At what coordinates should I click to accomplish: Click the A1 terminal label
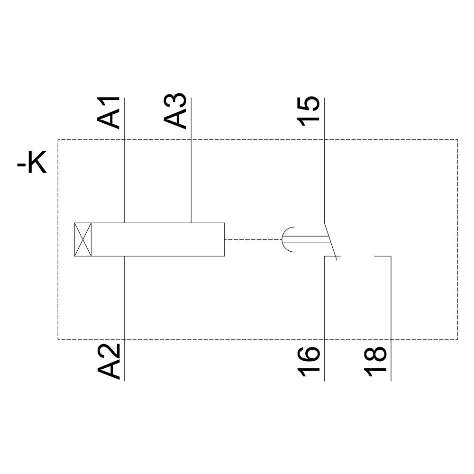[109, 112]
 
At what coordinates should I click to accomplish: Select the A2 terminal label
[109, 361]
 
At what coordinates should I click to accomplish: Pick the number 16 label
[309, 362]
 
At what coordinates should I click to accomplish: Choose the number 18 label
[375, 362]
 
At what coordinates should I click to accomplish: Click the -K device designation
[32, 164]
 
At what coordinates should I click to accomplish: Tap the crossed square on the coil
[83, 239]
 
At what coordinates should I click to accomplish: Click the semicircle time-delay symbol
[288, 239]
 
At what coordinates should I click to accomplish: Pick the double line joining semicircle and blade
[310, 239]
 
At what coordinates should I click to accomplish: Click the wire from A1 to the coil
[124, 180]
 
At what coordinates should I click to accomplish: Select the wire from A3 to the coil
[191, 180]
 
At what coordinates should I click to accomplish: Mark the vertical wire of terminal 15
[324, 180]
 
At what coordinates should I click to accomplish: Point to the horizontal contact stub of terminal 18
[383, 256]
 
